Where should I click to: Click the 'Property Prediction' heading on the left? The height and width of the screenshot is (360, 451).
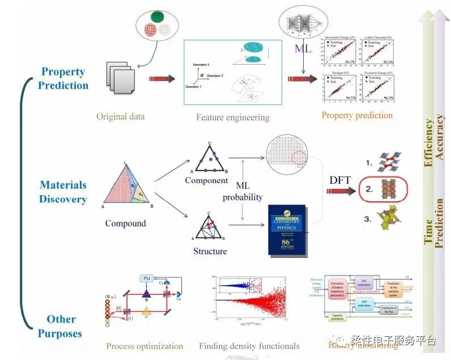click(x=64, y=79)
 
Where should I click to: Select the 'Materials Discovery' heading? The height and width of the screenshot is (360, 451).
click(x=63, y=192)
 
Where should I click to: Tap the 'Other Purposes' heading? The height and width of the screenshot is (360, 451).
click(x=61, y=327)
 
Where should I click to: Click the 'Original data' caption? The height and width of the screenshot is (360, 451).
click(x=120, y=117)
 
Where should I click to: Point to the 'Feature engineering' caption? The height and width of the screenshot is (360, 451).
click(x=232, y=118)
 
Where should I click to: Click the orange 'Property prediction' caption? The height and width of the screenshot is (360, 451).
click(x=357, y=116)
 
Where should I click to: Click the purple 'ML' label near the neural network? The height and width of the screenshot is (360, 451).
click(x=303, y=49)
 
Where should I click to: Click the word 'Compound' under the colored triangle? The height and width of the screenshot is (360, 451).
click(x=125, y=223)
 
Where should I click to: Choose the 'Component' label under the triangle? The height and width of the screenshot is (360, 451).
click(x=206, y=180)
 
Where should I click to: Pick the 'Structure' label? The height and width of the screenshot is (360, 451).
click(x=209, y=251)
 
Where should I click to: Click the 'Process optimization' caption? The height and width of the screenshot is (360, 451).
click(x=144, y=346)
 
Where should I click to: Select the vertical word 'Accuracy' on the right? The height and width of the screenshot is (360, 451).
click(x=439, y=139)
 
